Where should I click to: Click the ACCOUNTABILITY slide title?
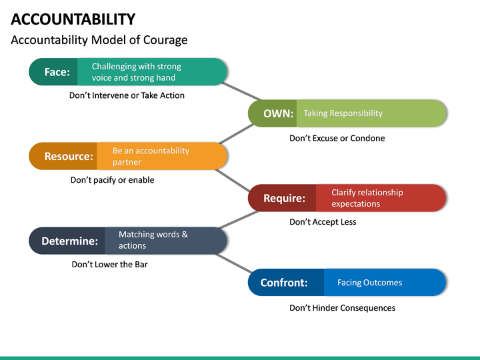73,19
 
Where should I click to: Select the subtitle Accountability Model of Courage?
99,40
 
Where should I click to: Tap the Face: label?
57,72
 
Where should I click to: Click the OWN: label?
278,113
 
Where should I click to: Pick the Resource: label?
68,156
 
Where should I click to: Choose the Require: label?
284,198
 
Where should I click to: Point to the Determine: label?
69,241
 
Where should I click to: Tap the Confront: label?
284,283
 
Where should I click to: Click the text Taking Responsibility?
343,113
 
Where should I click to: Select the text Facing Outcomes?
369,283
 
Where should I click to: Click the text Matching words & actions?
153,240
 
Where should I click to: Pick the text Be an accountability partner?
151,156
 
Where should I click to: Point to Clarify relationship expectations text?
367,198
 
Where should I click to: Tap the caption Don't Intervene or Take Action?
127,95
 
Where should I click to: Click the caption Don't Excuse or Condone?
337,138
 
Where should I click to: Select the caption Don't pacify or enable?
112,180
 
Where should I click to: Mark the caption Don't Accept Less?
323,222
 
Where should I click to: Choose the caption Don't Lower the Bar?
109,265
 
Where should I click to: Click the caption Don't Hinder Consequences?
342,308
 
